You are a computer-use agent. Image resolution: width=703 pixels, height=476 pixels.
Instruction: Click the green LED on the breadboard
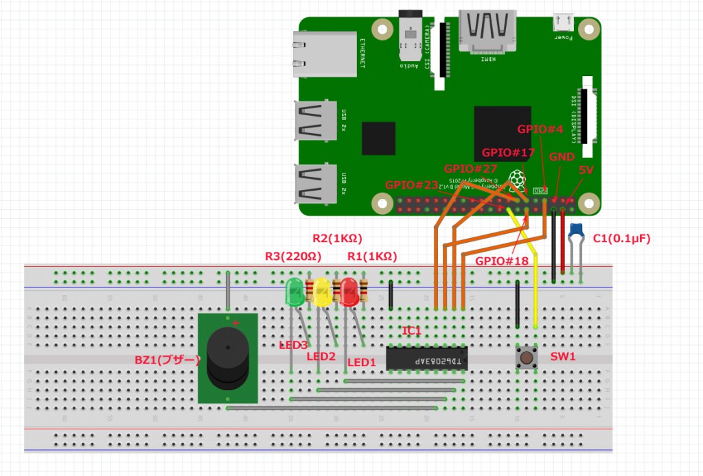pos(295,291)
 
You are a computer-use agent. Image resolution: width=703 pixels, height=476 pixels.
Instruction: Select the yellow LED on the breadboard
pos(322,291)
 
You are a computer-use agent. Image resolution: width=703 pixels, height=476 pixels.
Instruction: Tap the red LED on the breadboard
pos(349,291)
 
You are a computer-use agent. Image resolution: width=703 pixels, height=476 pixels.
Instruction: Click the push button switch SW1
pos(527,357)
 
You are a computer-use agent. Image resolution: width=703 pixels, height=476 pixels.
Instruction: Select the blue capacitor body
pos(576,229)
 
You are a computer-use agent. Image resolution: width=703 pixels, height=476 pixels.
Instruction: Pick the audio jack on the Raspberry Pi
pos(411,34)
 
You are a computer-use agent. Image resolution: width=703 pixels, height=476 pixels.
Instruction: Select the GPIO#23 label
pos(411,185)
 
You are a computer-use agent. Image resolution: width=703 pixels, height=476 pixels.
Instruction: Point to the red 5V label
pos(586,169)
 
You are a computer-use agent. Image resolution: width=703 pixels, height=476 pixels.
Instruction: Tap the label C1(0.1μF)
pos(621,239)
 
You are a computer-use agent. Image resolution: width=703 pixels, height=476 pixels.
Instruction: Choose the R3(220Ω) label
pos(293,257)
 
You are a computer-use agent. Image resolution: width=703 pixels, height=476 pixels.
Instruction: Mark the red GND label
pos(562,156)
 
